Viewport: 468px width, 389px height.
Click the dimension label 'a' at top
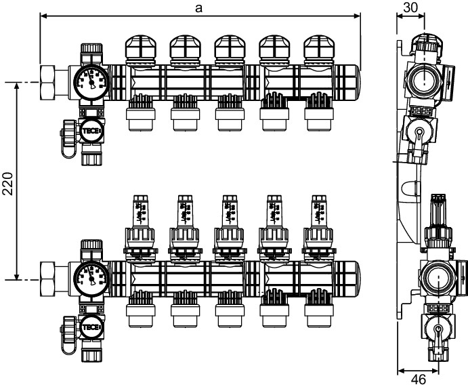[198, 7]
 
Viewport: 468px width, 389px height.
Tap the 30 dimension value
[410, 7]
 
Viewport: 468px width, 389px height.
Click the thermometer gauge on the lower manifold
[91, 278]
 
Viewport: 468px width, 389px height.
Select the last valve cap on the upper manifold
[318, 49]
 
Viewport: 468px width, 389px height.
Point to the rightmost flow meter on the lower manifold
[318, 211]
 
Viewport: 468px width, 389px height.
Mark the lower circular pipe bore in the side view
[433, 278]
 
